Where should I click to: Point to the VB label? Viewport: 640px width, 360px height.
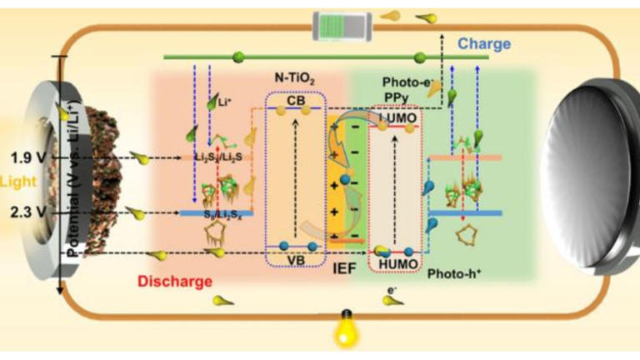[x=294, y=259]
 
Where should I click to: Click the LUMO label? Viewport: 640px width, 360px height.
[x=394, y=122]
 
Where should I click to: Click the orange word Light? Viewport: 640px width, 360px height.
[x=14, y=180]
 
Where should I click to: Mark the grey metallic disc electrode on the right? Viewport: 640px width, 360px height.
[x=587, y=179]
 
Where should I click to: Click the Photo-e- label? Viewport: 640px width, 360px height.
[x=406, y=82]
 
